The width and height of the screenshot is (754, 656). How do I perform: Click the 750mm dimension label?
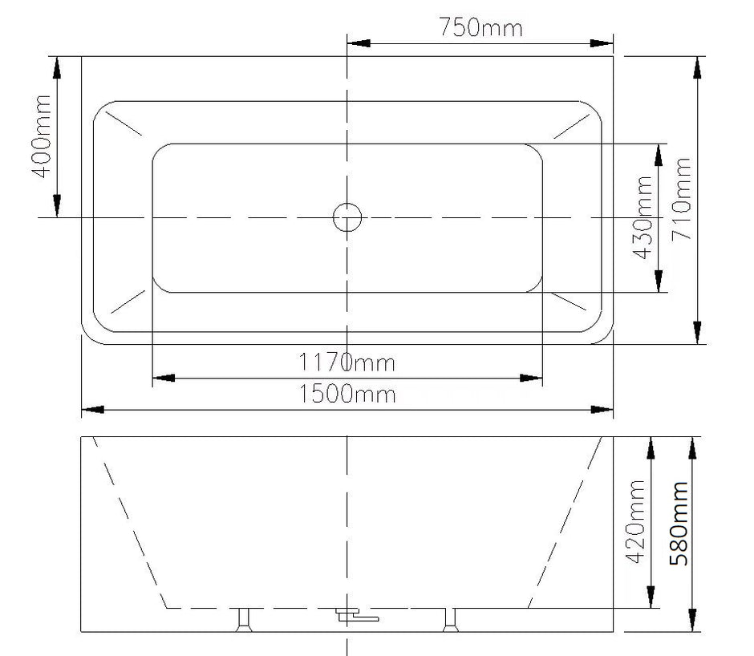coord(480,27)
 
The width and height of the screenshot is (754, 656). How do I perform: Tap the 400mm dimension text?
coord(42,136)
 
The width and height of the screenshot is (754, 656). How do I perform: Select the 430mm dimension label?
coord(643,217)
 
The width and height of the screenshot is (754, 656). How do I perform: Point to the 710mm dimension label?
coord(681,199)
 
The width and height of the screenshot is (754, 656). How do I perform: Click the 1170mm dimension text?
coord(347,362)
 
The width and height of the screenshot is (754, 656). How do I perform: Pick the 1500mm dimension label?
coord(347,394)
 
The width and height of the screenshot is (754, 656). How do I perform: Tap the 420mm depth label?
coord(634,521)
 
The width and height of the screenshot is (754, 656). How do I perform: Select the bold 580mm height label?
coord(679,523)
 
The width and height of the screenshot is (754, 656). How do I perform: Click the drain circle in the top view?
coord(347,217)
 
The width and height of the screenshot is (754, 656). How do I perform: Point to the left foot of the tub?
coord(245,620)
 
